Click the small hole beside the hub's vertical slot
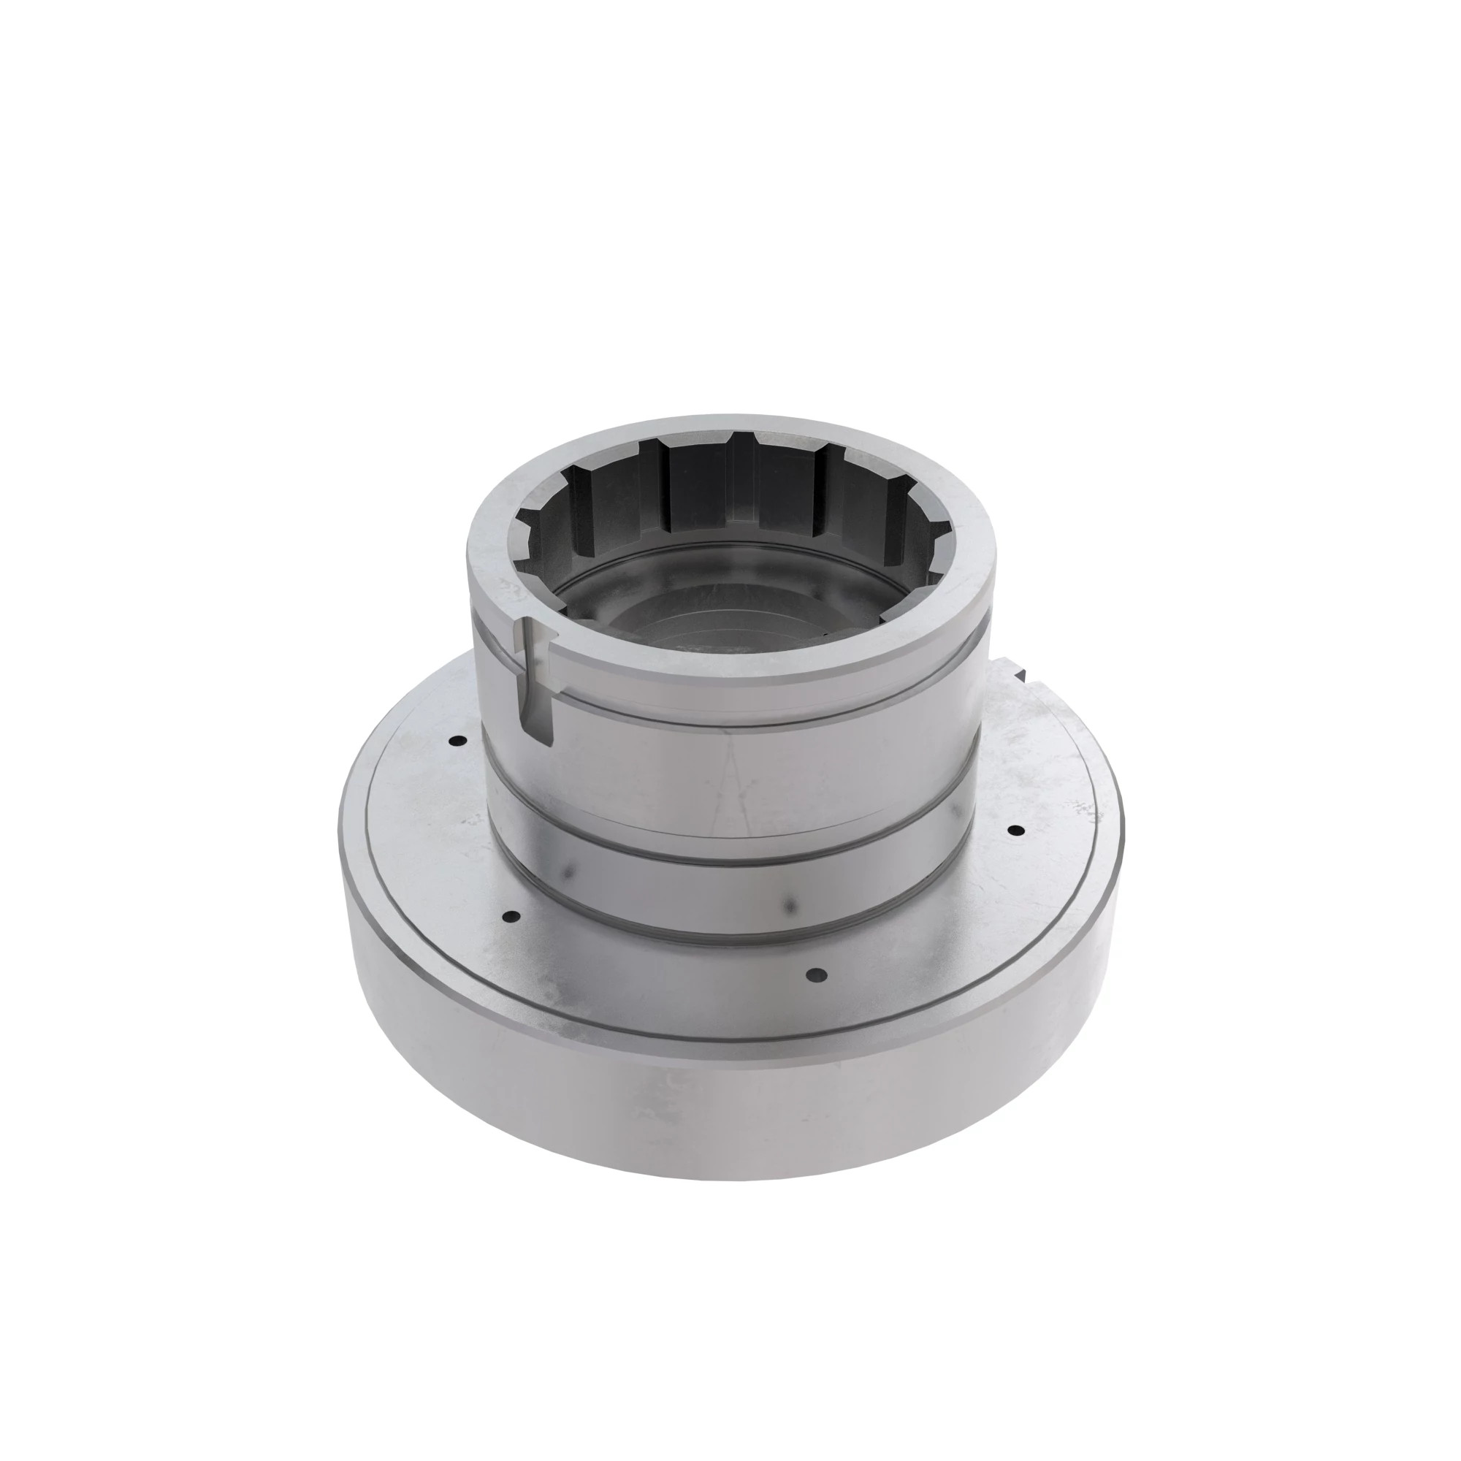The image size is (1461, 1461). click(x=454, y=741)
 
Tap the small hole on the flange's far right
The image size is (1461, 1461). click(x=1017, y=831)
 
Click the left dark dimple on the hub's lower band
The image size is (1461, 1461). click(x=568, y=874)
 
